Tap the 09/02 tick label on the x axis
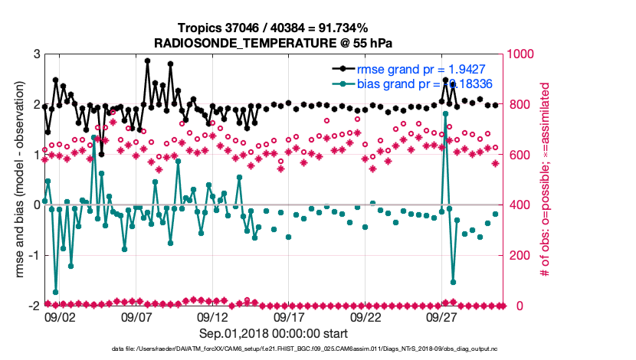(x=60, y=316)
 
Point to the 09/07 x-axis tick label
(x=136, y=316)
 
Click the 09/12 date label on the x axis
(x=213, y=316)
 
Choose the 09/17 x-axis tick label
(x=290, y=316)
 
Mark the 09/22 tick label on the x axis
(x=366, y=316)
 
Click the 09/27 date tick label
(x=443, y=316)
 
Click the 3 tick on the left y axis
(x=36, y=54)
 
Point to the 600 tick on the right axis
(x=520, y=155)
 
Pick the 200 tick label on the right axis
(x=520, y=255)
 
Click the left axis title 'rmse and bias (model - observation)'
(x=18, y=179)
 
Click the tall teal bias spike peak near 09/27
(x=445, y=113)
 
